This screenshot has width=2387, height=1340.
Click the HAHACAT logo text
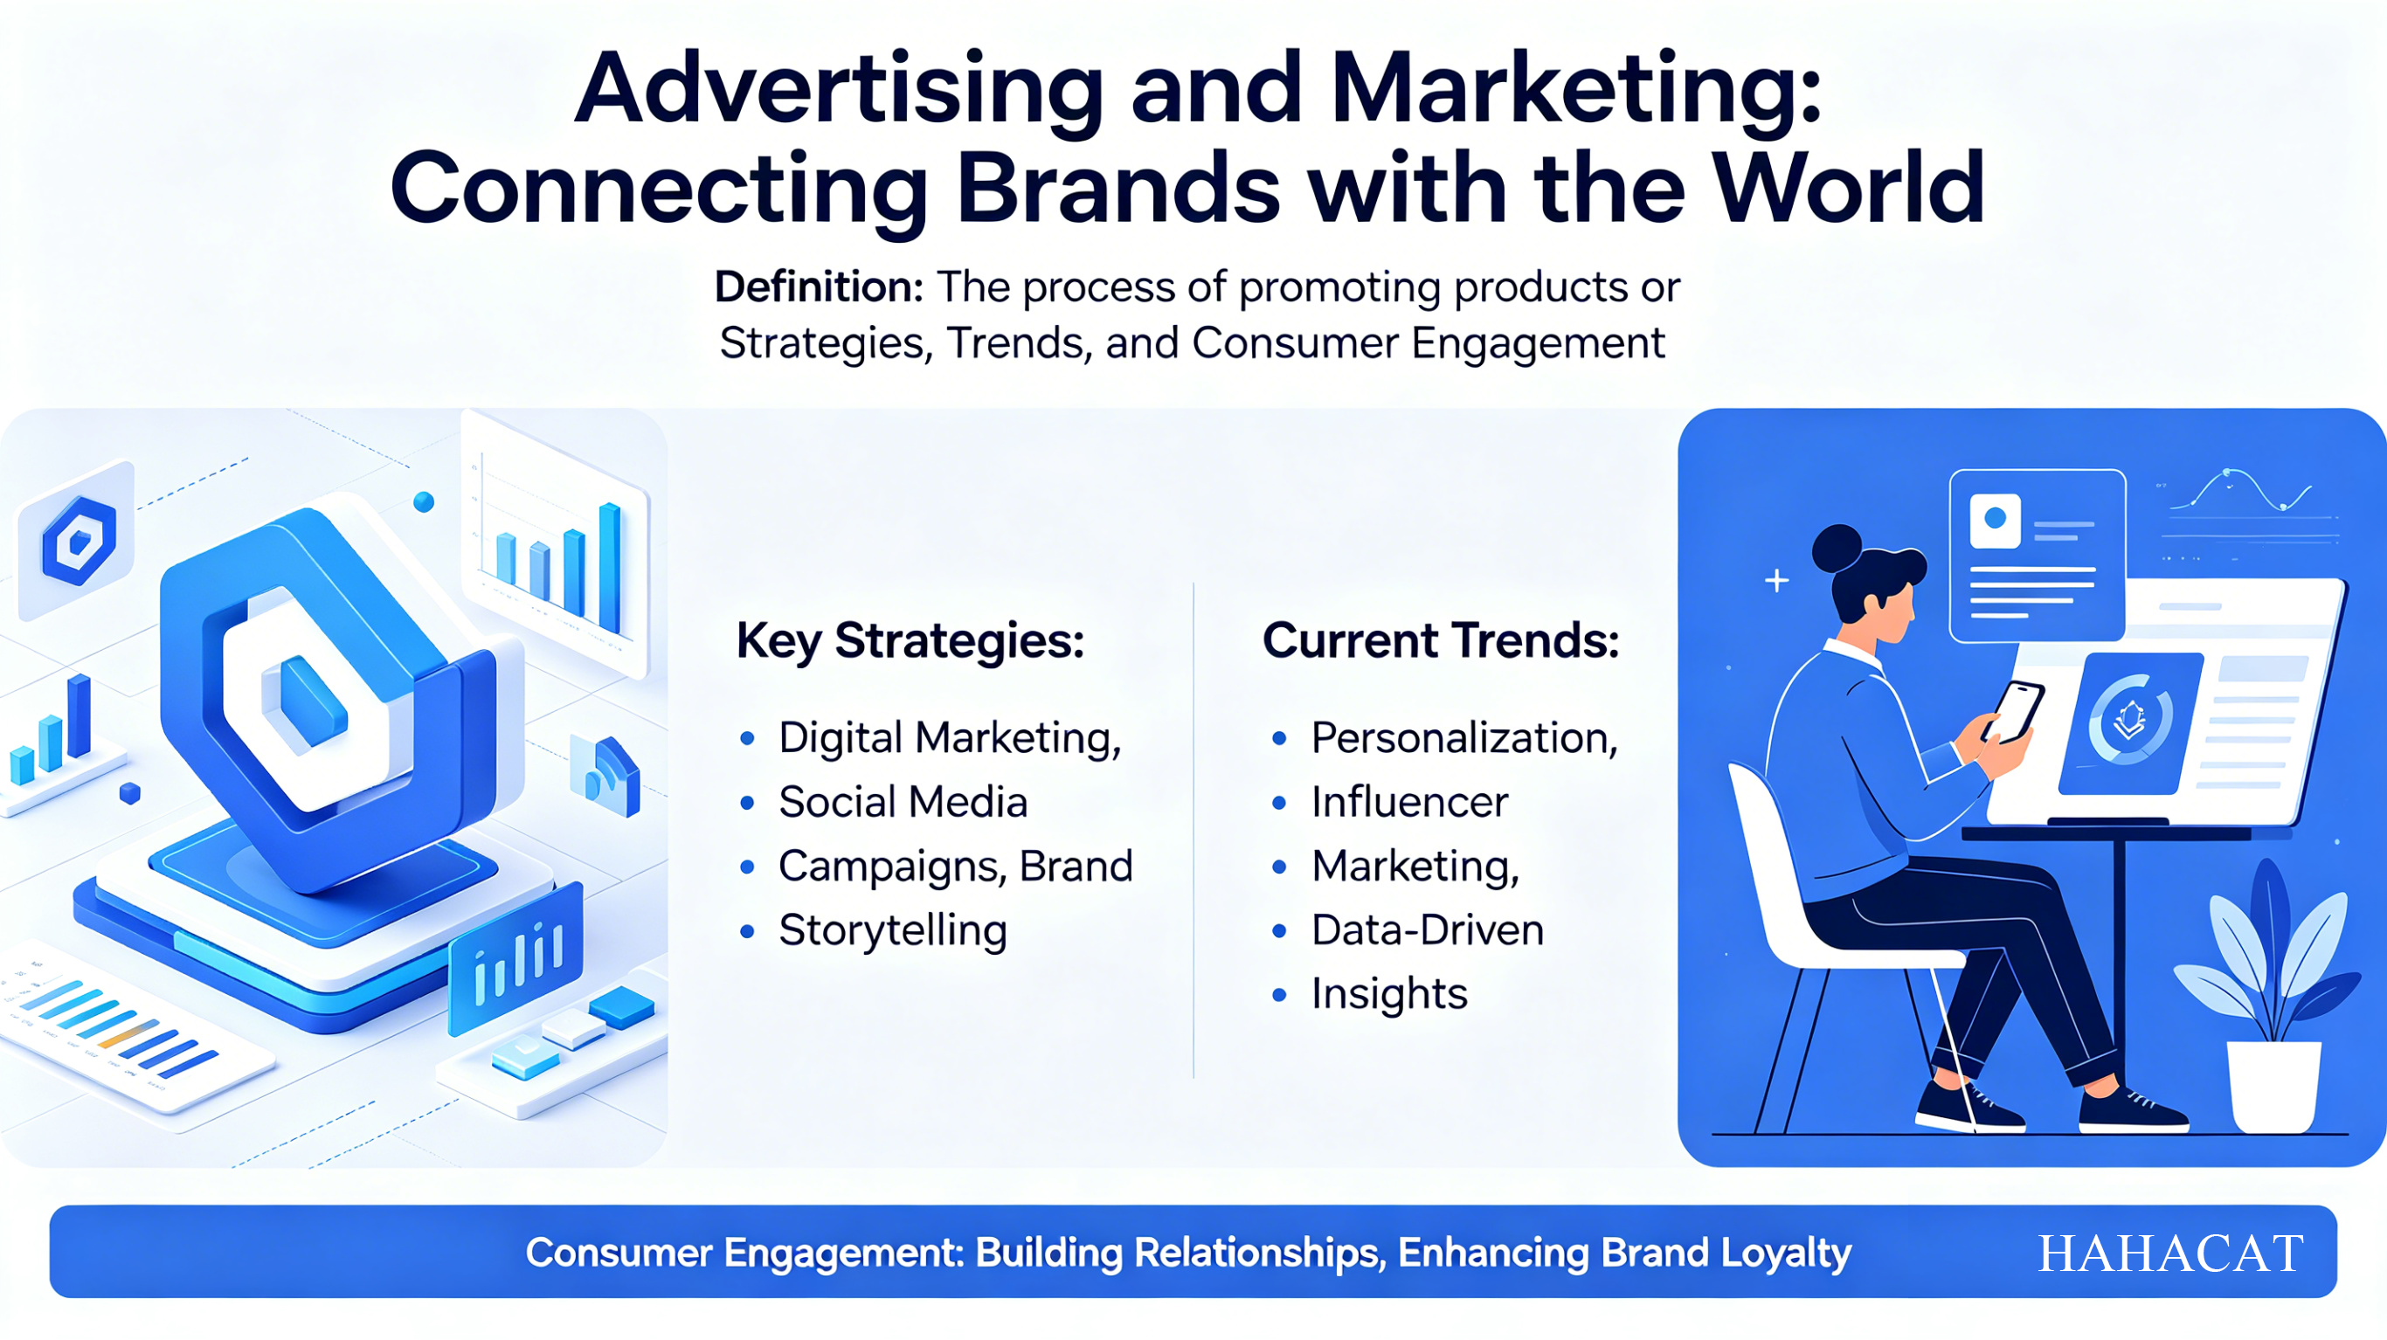(x=2170, y=1254)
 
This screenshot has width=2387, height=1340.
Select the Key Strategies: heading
(x=910, y=641)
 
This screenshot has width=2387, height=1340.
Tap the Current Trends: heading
(x=1441, y=640)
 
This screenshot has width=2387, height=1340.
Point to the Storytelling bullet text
(x=892, y=930)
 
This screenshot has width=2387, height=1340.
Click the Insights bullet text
(x=1389, y=994)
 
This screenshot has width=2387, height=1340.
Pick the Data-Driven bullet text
(x=1427, y=929)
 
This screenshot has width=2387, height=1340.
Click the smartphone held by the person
(x=2011, y=712)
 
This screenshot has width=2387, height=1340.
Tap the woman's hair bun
(x=1837, y=549)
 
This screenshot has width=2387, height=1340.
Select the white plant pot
(x=2274, y=1085)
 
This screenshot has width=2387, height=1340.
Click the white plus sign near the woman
(x=1776, y=581)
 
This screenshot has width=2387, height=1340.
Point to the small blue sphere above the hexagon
(x=424, y=502)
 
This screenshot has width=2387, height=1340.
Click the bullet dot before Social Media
(x=747, y=803)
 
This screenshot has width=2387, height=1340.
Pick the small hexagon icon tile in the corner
(x=78, y=540)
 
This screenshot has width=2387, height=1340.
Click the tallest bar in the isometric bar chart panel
(x=610, y=567)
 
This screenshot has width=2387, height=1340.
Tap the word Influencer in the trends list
(x=1409, y=803)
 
